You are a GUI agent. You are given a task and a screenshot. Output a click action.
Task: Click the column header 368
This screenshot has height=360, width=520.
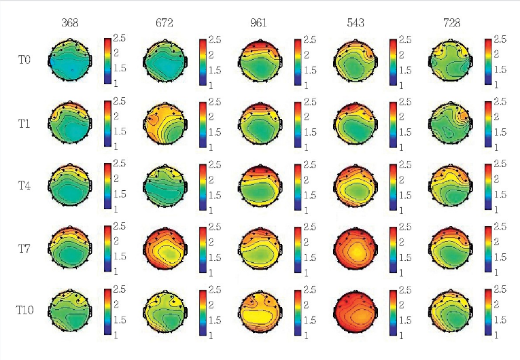[x=69, y=23]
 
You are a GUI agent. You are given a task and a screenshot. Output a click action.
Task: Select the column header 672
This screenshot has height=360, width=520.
[x=164, y=23]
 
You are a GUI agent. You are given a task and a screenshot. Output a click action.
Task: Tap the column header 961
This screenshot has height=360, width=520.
[x=259, y=23]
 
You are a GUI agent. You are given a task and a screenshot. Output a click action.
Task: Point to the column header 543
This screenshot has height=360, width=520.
[x=356, y=23]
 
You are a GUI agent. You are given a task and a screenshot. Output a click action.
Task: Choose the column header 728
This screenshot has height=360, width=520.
[x=451, y=23]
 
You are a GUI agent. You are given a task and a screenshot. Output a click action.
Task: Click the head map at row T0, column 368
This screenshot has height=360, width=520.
[x=69, y=61]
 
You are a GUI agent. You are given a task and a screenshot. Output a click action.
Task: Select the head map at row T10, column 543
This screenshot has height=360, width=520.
[x=355, y=311]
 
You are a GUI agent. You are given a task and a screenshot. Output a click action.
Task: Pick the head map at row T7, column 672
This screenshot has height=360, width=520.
[x=164, y=249]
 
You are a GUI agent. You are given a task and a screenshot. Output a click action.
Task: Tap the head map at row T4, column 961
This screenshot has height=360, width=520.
[x=259, y=186]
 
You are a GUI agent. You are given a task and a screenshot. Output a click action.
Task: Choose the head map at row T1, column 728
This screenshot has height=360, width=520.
[x=450, y=124]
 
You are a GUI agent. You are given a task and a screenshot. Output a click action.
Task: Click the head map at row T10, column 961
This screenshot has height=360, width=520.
[x=259, y=311]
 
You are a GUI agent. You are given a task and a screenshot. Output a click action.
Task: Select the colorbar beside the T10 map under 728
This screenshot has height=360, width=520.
[x=489, y=311]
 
